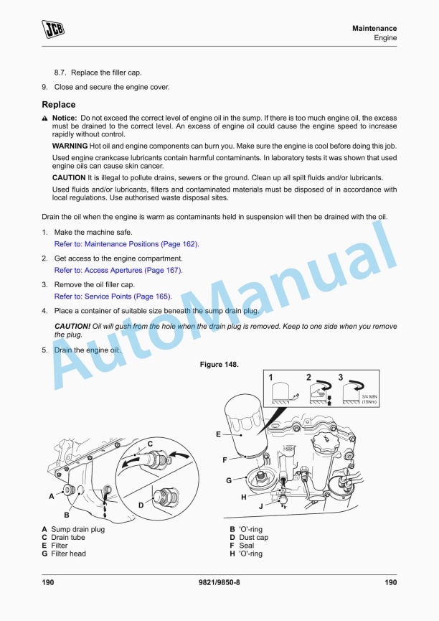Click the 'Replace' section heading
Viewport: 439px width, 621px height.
[x=58, y=105]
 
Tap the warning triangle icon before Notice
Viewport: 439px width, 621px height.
[x=44, y=118]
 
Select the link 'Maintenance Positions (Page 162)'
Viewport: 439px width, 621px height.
[x=126, y=244]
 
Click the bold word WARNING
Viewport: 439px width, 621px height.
[x=70, y=146]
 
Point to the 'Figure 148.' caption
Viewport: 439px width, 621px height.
[x=219, y=365]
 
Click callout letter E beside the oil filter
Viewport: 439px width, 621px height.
[x=218, y=434]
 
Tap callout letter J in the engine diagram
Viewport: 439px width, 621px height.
[x=260, y=505]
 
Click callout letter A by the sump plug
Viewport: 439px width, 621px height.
[x=51, y=495]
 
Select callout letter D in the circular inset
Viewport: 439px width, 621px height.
[x=141, y=505]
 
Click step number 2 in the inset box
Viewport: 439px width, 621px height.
[x=308, y=377]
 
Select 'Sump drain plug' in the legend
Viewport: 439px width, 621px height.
[x=77, y=529]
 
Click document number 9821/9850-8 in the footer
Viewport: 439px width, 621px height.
[x=219, y=582]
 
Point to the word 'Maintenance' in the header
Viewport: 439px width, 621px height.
[x=374, y=28]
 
